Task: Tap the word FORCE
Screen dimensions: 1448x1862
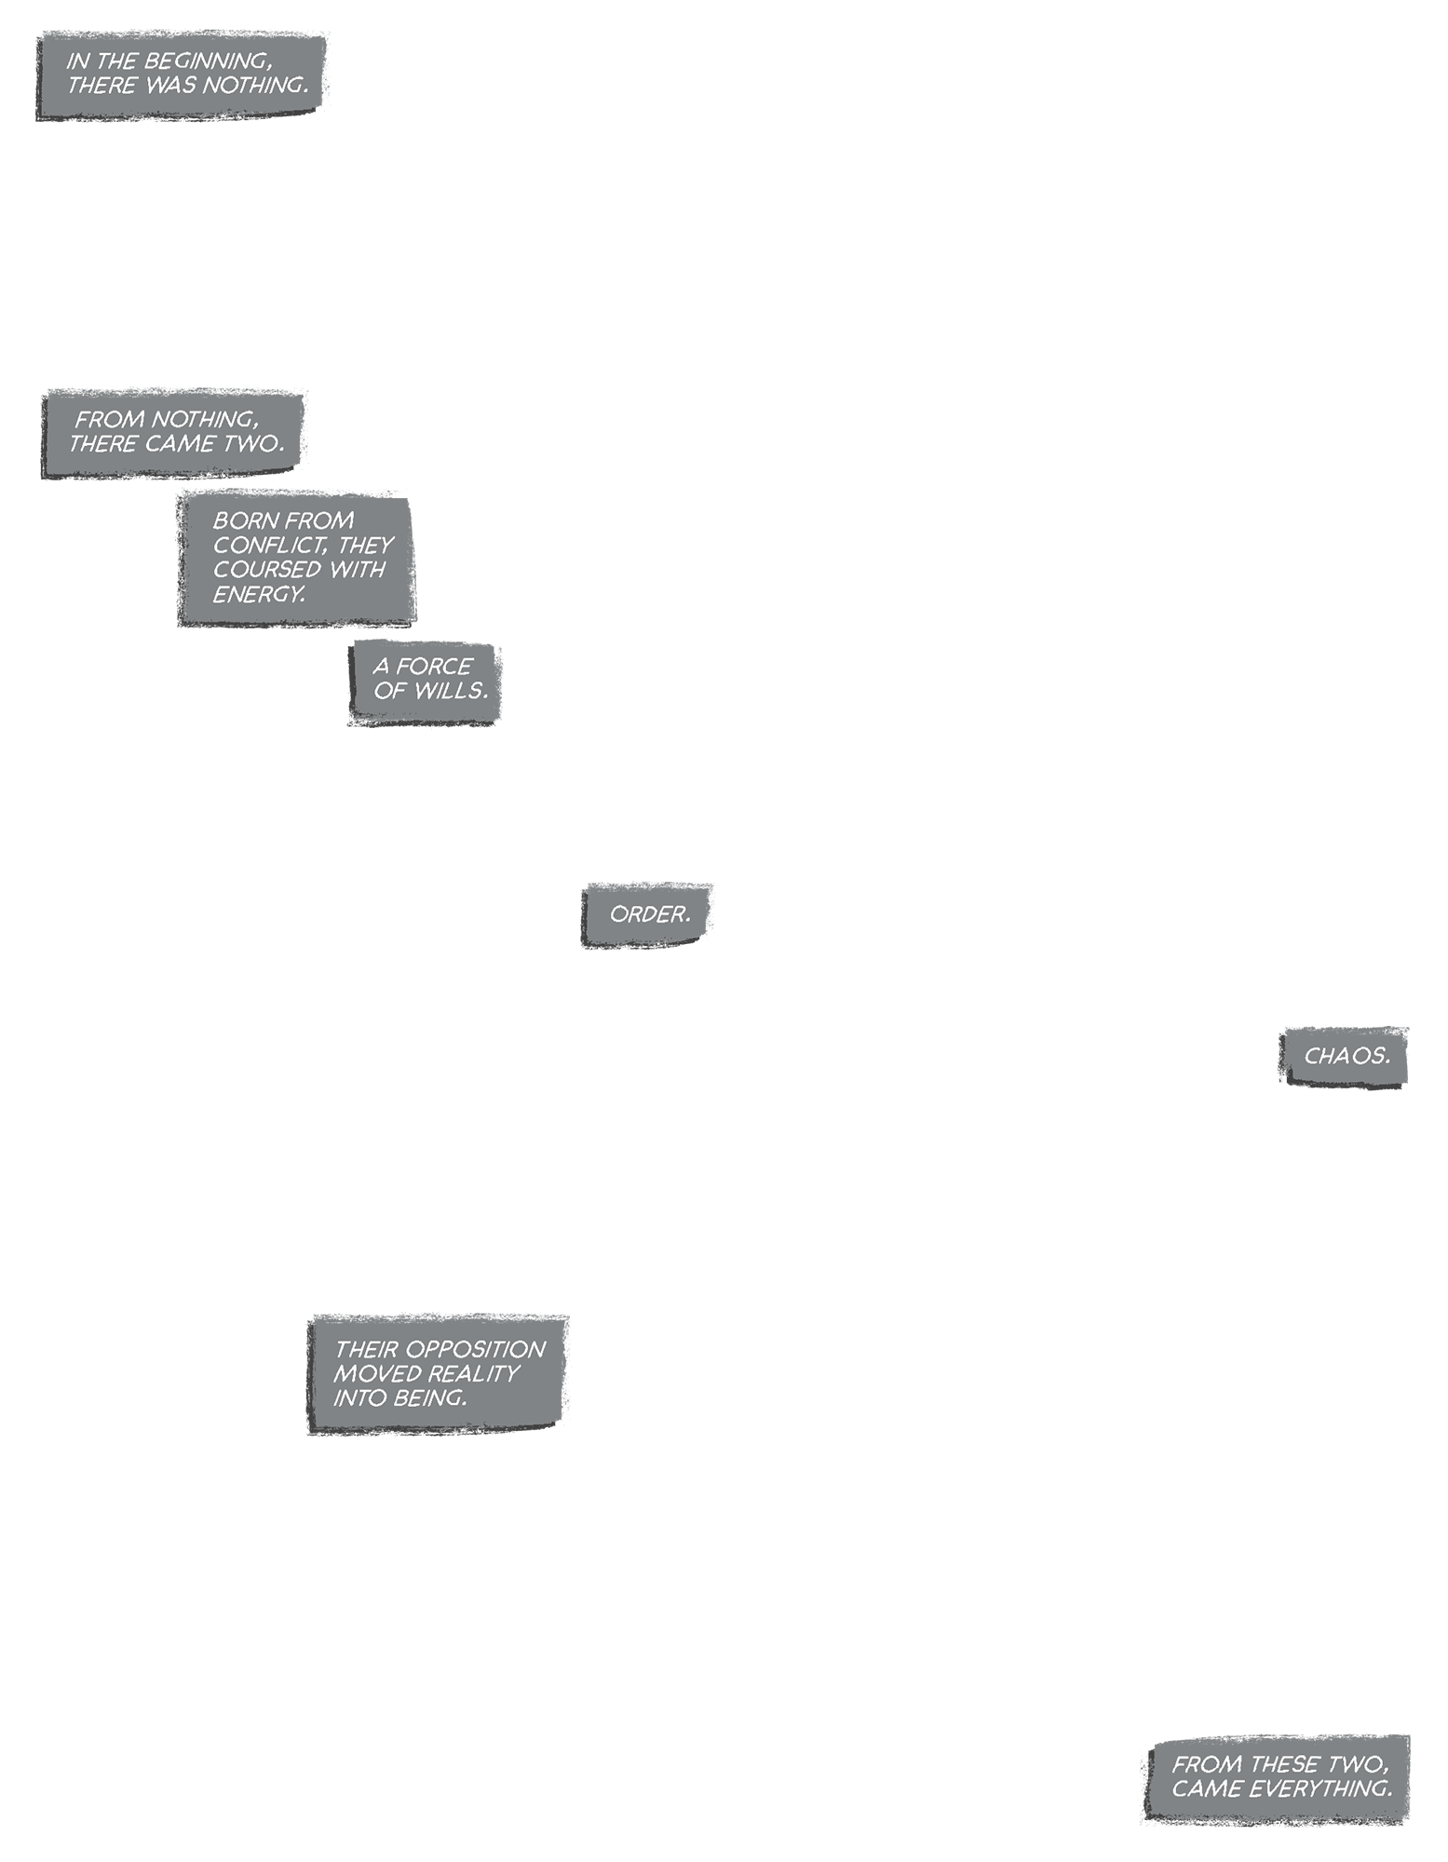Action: click(434, 667)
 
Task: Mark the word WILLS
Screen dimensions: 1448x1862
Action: click(453, 691)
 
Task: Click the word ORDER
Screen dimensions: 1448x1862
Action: click(650, 914)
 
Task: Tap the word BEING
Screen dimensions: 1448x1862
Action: click(431, 1397)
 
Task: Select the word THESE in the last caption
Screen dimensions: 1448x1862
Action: click(1295, 1764)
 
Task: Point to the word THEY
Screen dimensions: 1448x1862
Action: click(365, 545)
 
